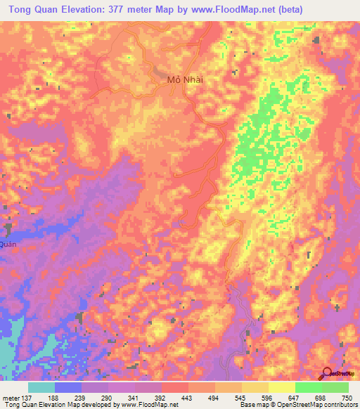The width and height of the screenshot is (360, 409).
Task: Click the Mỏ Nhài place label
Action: (185, 79)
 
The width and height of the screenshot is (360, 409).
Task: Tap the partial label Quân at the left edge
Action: (7, 244)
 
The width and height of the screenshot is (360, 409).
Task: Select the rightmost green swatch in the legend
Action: (335, 387)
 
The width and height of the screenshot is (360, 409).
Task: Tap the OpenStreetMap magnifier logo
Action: (328, 373)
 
